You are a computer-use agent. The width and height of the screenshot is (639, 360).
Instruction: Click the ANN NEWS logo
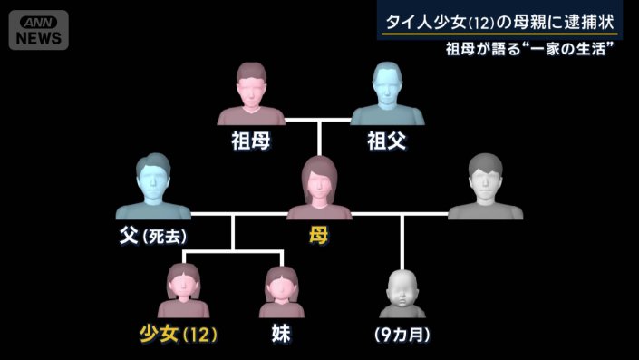tap(38, 30)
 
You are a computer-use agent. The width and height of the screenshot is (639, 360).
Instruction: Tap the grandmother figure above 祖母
tap(251, 95)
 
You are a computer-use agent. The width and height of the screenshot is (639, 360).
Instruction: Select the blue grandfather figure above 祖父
tap(388, 95)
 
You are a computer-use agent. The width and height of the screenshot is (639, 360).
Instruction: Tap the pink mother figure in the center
tap(319, 189)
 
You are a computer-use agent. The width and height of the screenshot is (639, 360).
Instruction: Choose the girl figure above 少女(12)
tap(184, 288)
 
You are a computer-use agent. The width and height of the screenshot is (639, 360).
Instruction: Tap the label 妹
tap(282, 334)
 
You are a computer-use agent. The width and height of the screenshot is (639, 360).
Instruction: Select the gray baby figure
tap(401, 291)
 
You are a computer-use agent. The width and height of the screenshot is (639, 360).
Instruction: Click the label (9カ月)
tap(402, 334)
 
